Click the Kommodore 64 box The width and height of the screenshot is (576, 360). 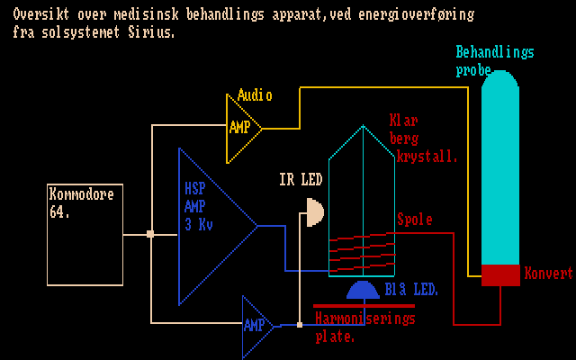(x=85, y=234)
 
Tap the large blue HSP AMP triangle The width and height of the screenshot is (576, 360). (x=211, y=225)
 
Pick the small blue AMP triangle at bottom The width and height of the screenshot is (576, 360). (x=256, y=325)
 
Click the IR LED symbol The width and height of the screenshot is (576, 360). (x=313, y=213)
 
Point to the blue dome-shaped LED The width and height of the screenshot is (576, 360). (x=362, y=289)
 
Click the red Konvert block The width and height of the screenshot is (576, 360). (x=500, y=274)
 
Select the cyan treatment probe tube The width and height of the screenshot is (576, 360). (x=500, y=171)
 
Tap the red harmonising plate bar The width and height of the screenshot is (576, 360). (x=364, y=306)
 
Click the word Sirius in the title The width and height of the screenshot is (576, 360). (x=152, y=31)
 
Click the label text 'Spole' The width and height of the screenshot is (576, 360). (x=415, y=220)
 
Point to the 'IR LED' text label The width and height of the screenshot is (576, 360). (x=301, y=181)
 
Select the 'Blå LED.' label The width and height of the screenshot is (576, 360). (x=411, y=290)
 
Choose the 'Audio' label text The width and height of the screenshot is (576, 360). (x=255, y=95)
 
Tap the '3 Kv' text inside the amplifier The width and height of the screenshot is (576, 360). (x=199, y=224)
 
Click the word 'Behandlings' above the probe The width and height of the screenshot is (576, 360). (x=495, y=52)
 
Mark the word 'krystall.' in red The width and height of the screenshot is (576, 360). (x=427, y=156)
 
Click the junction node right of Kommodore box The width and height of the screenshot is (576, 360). (x=150, y=234)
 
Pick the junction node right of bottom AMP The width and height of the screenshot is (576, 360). (x=300, y=325)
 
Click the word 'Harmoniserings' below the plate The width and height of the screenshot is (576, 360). (x=365, y=319)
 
